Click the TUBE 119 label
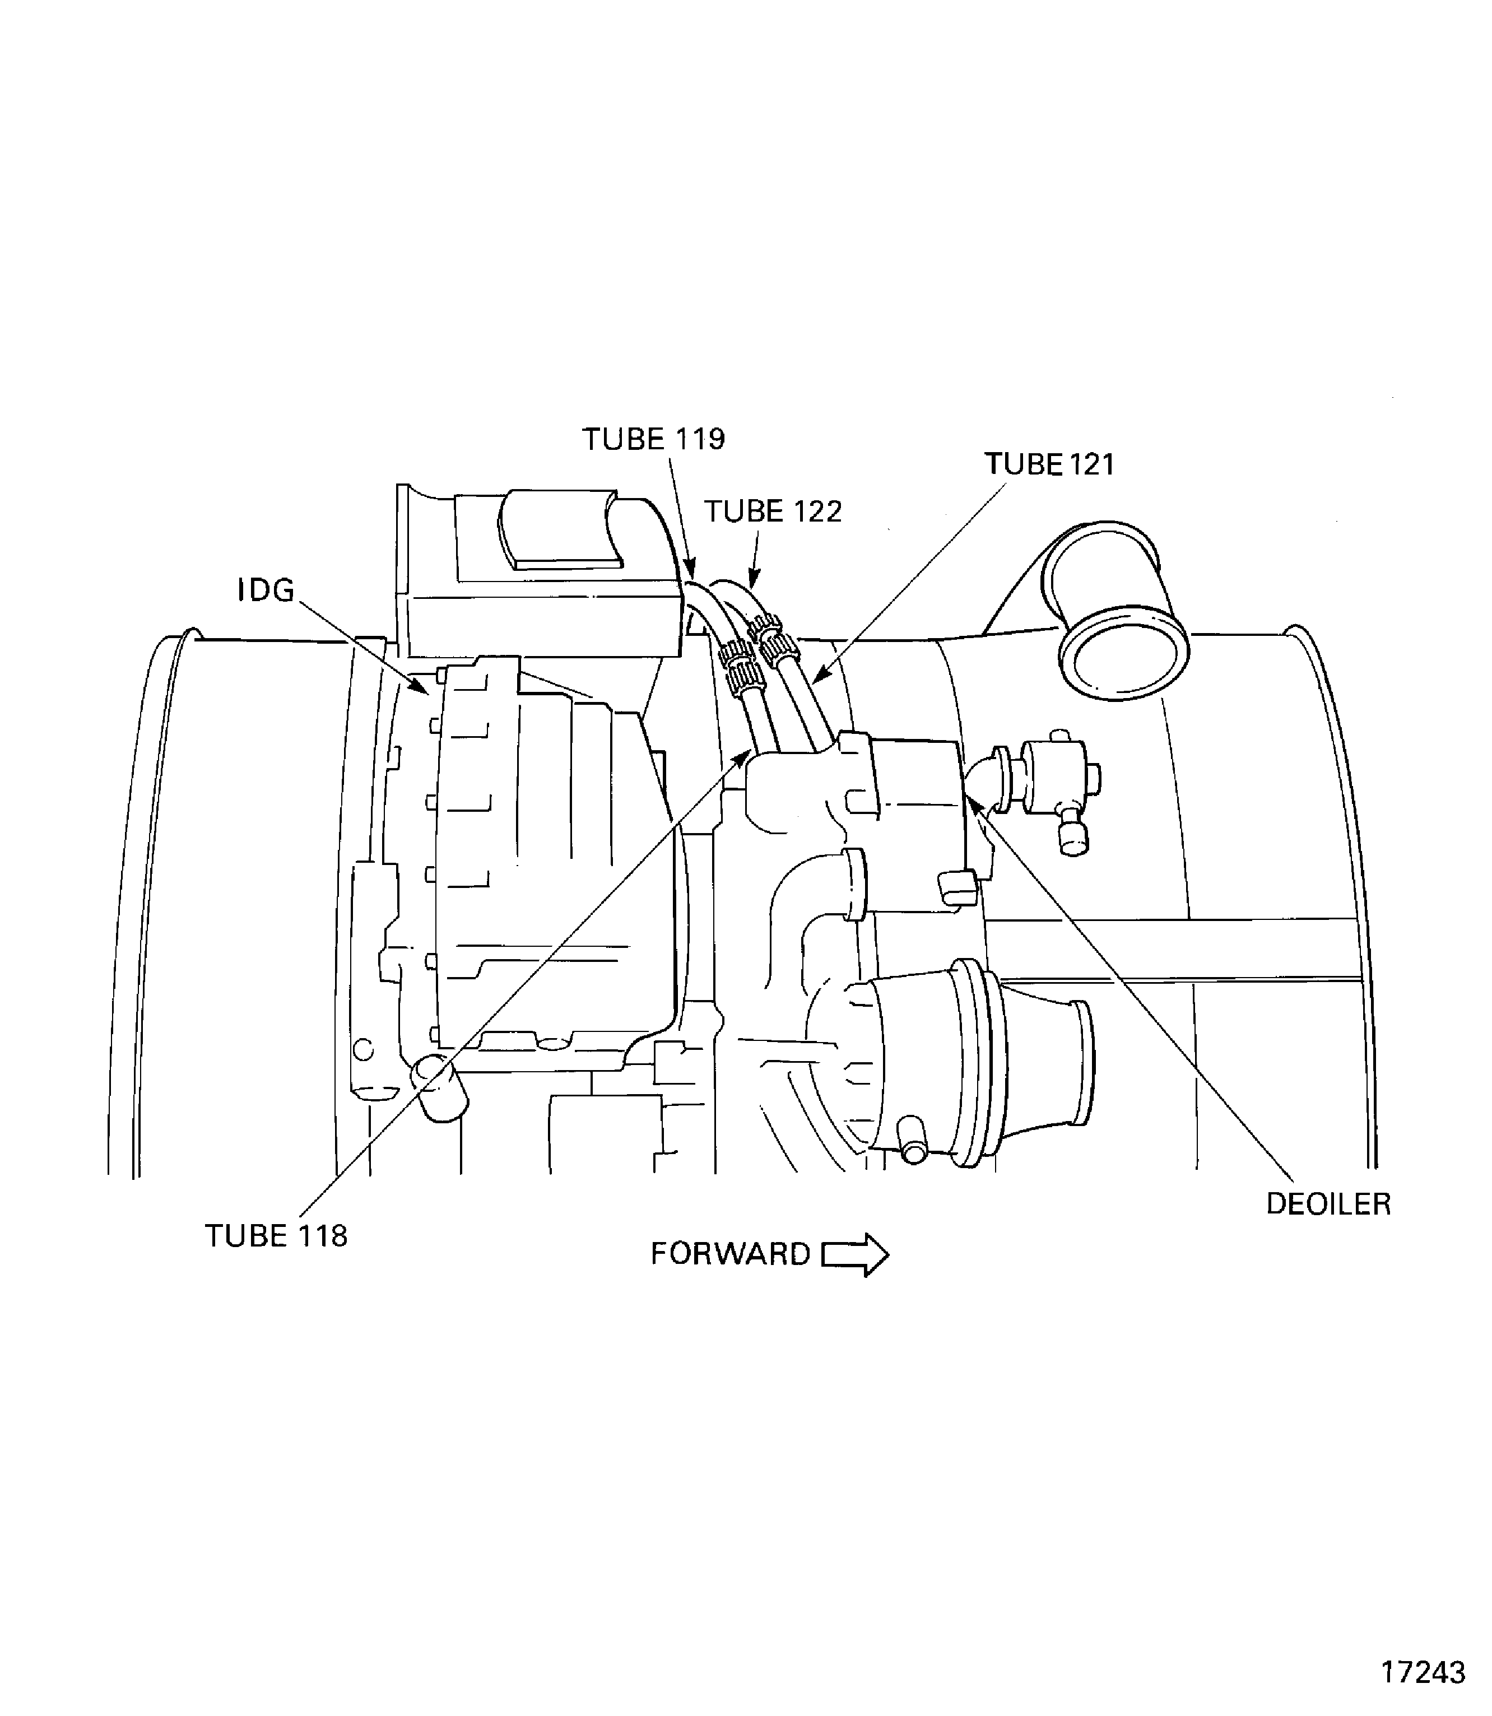click(654, 440)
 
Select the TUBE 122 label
click(774, 511)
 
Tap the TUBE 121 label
click(1049, 464)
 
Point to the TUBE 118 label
click(276, 1235)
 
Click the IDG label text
click(267, 590)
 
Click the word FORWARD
click(730, 1254)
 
